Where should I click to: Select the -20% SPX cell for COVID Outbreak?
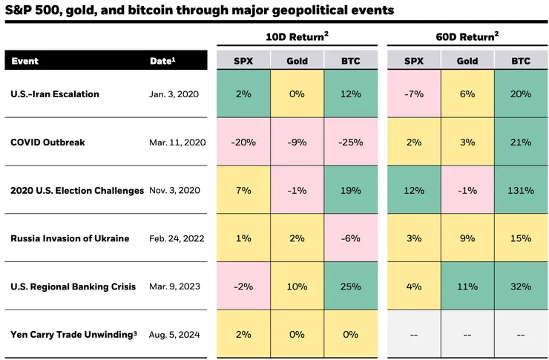243,143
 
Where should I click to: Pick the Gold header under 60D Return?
467,60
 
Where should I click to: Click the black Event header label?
25,61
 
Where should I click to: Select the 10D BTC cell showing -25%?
352,143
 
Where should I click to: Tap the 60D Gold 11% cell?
467,287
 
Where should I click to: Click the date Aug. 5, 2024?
175,335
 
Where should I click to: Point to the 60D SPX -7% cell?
414,94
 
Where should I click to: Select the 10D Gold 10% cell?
297,287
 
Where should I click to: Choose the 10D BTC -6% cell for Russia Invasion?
352,238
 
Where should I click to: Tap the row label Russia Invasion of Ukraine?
70,238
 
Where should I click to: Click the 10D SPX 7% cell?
243,191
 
